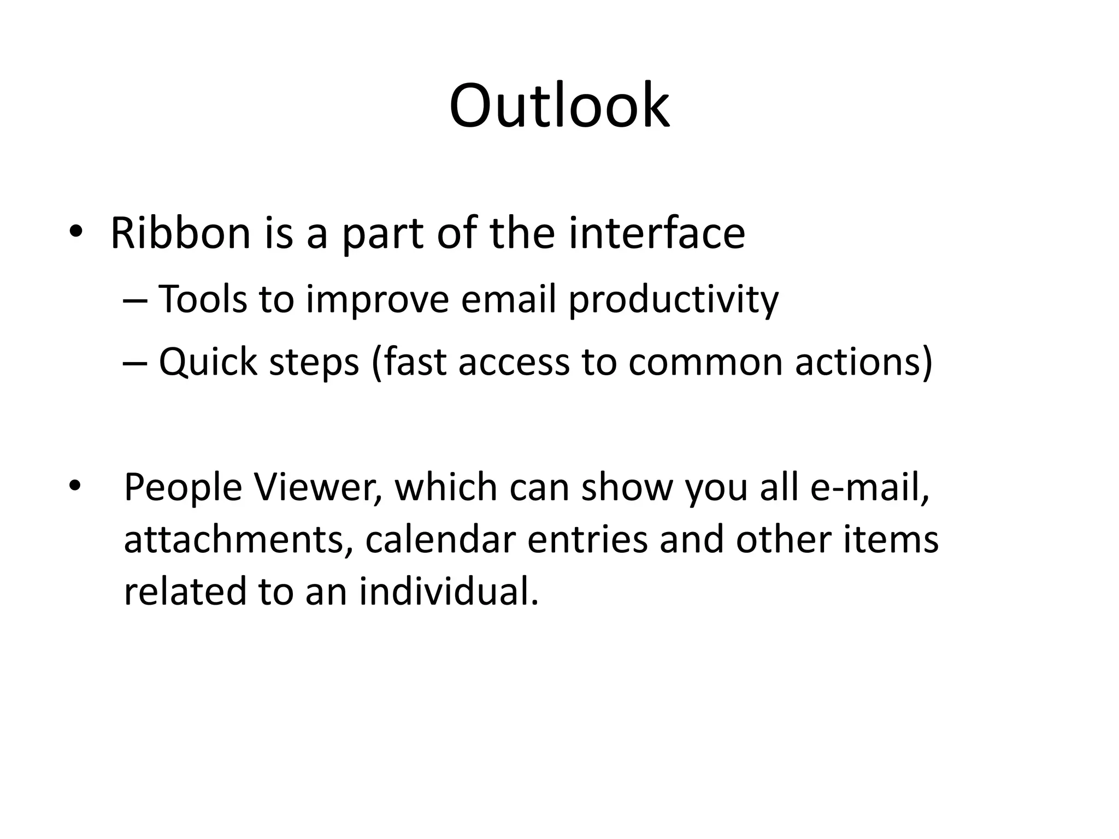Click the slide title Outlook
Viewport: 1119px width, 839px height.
[x=559, y=106]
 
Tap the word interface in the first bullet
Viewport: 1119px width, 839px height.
[x=656, y=234]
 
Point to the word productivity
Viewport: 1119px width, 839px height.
[x=673, y=300]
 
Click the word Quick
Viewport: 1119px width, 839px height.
[x=208, y=363]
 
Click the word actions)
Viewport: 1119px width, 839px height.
[x=864, y=363]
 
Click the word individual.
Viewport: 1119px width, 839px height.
[x=449, y=591]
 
